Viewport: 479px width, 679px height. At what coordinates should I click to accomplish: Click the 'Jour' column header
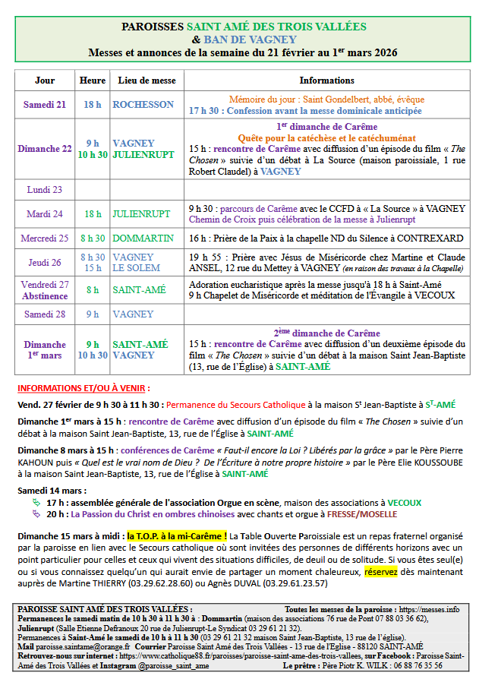click(45, 80)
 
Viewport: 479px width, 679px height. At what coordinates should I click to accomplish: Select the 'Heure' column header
click(93, 80)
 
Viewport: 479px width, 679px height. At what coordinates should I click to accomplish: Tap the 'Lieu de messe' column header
click(147, 80)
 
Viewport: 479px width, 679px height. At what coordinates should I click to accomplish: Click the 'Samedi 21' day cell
click(45, 105)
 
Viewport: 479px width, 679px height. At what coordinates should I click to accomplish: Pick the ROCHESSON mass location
click(143, 105)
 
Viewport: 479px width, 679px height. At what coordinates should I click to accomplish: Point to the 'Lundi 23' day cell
click(45, 189)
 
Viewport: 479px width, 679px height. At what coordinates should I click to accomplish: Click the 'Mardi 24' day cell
click(45, 214)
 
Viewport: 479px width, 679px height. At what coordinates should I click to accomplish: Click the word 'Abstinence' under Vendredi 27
click(45, 295)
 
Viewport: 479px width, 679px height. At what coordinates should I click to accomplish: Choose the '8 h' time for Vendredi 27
click(93, 290)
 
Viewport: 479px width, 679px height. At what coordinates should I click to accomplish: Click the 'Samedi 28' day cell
click(45, 314)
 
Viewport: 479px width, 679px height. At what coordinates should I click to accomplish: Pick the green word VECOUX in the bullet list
click(405, 502)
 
